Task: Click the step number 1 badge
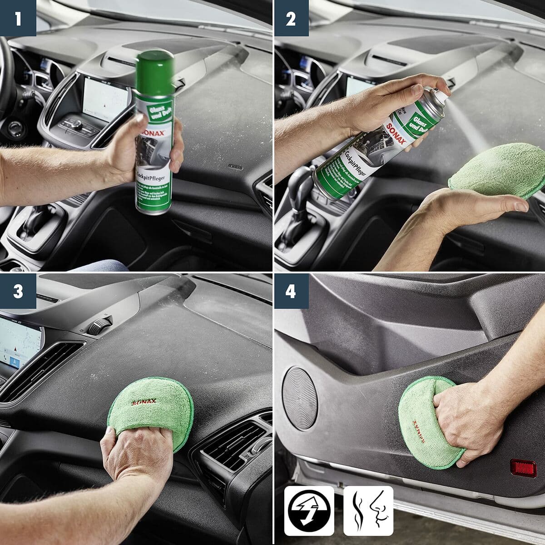[x=18, y=18]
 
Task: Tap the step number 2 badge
[x=291, y=18]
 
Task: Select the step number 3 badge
[x=18, y=291]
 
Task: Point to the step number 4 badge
[x=291, y=291]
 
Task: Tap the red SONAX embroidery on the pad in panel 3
[x=144, y=401]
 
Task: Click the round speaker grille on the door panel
[x=300, y=398]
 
